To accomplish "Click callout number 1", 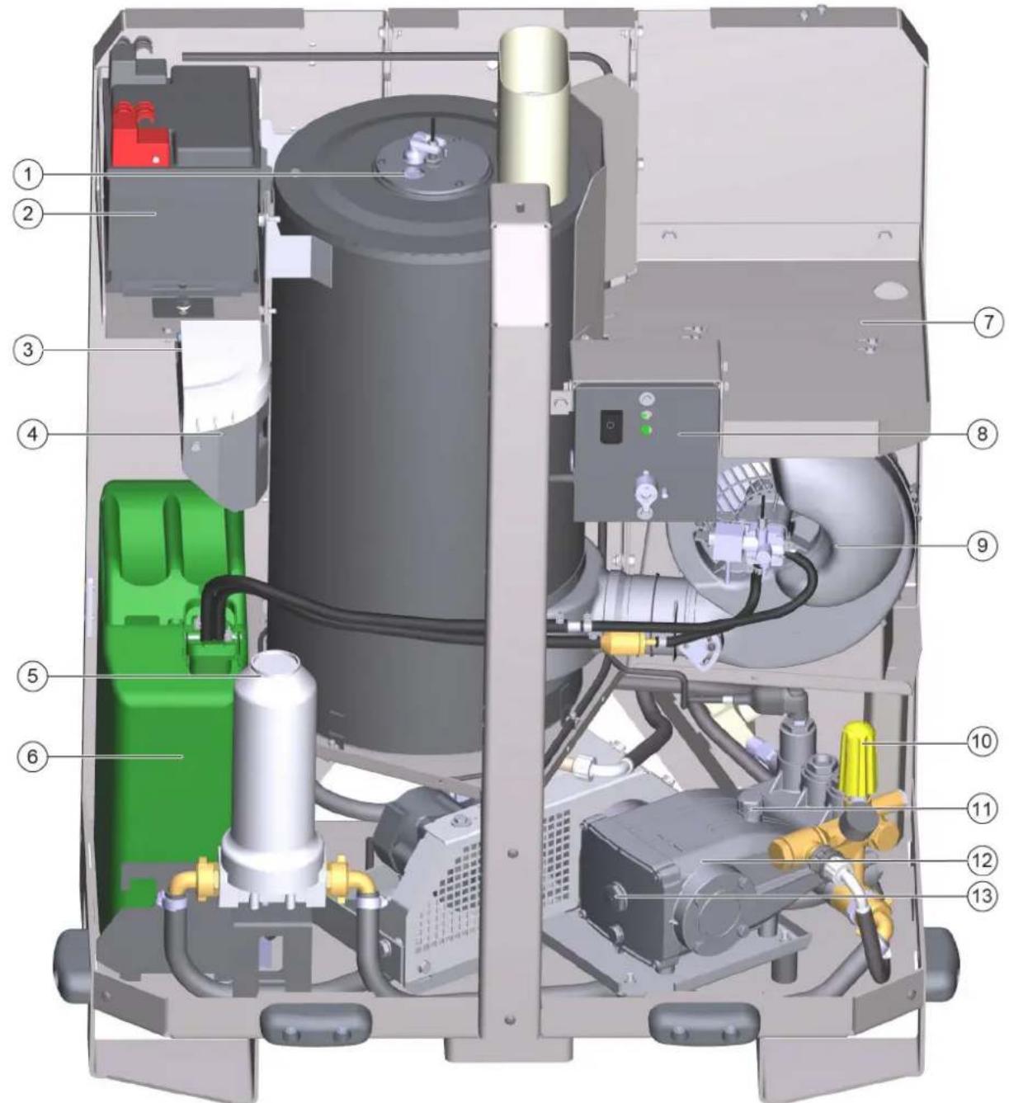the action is click(x=27, y=176).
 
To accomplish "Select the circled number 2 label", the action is click(x=27, y=214).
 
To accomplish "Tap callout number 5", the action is click(x=32, y=675).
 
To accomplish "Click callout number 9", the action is click(x=983, y=545).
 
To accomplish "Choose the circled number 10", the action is click(x=983, y=741).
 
